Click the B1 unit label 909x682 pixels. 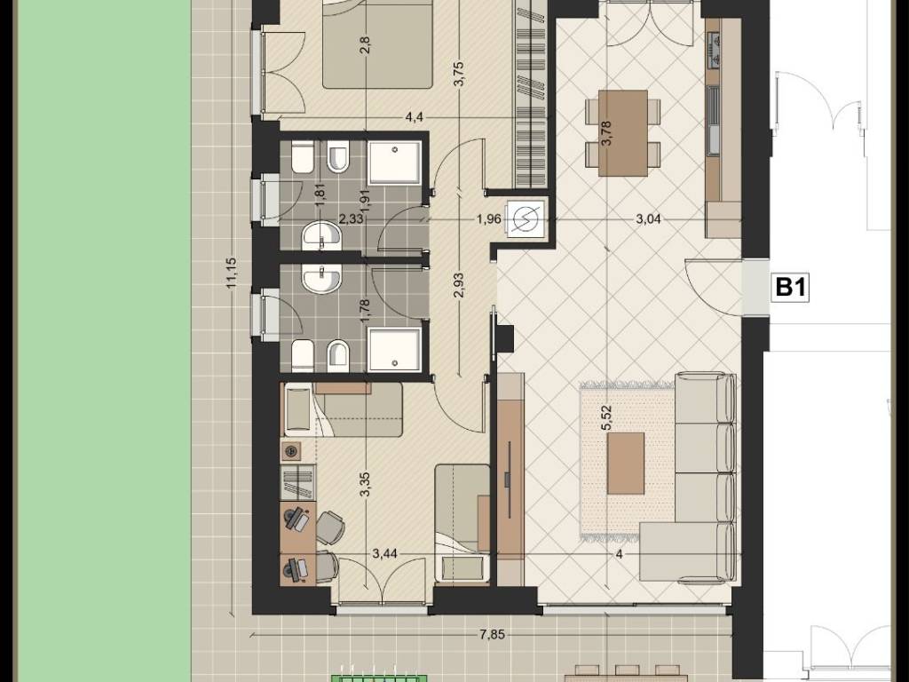pos(791,287)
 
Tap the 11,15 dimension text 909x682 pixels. pos(232,273)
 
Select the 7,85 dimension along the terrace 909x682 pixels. pos(492,634)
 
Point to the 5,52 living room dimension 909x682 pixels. pos(607,417)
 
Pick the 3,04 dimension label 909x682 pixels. pos(648,219)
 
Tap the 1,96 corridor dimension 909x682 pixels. pos(489,219)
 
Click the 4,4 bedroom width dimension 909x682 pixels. pos(414,117)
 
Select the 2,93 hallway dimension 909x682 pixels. pos(459,285)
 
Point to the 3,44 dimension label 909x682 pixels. pos(385,553)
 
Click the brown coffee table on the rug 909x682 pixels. pos(626,464)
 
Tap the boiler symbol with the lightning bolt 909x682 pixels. pos(526,218)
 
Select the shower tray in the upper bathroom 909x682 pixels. pos(395,163)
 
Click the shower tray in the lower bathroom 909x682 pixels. pos(395,350)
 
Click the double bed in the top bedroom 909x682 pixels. pos(377,44)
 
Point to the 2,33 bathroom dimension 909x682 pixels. pos(351,219)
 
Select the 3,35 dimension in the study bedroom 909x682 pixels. pos(365,485)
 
